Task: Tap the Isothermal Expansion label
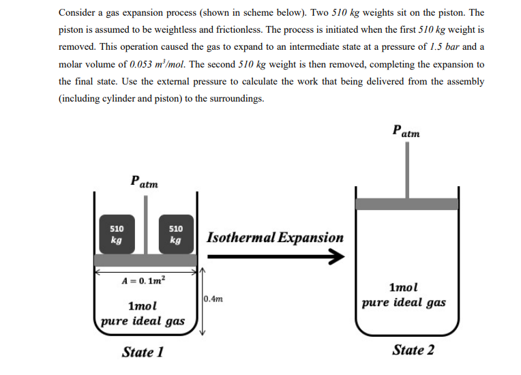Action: click(x=275, y=238)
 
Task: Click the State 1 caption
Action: click(x=143, y=352)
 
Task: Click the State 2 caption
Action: click(x=413, y=350)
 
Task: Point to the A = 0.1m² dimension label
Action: click(x=144, y=280)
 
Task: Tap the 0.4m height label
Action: click(x=213, y=299)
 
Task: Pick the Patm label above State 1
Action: click(x=144, y=182)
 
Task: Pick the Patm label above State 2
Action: click(x=406, y=130)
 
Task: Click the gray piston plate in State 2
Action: click(x=406, y=204)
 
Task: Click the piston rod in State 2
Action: click(x=406, y=170)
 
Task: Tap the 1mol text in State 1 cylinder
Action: click(x=143, y=306)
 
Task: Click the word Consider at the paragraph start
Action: click(x=78, y=13)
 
